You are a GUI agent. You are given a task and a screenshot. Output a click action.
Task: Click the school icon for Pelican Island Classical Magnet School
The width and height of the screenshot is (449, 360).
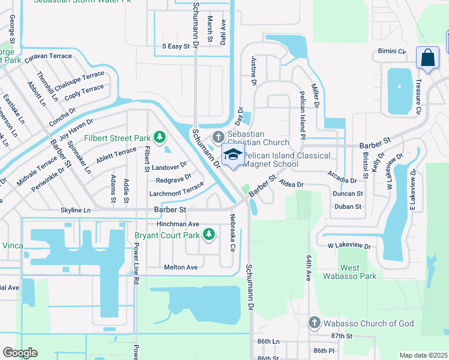(x=233, y=155)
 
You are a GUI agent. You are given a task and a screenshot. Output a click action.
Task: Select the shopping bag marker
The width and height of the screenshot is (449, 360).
(x=427, y=58)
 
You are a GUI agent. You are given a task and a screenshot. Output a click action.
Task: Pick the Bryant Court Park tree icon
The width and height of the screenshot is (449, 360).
(x=208, y=235)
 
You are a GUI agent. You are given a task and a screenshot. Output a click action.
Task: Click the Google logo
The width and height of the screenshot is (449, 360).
(x=20, y=353)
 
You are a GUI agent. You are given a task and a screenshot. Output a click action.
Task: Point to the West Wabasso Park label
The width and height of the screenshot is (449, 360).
(x=350, y=272)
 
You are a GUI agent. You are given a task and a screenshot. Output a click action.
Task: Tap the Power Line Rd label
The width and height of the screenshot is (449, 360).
(x=136, y=262)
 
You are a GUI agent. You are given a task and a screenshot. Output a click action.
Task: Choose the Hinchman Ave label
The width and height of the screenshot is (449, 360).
(x=178, y=223)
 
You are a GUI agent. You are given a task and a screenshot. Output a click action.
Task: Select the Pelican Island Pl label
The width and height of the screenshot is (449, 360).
(x=303, y=116)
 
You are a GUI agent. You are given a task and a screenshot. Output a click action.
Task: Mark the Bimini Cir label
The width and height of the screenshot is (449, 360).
(x=392, y=52)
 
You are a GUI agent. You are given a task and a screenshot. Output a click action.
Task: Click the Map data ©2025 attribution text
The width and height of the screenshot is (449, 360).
(x=423, y=355)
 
